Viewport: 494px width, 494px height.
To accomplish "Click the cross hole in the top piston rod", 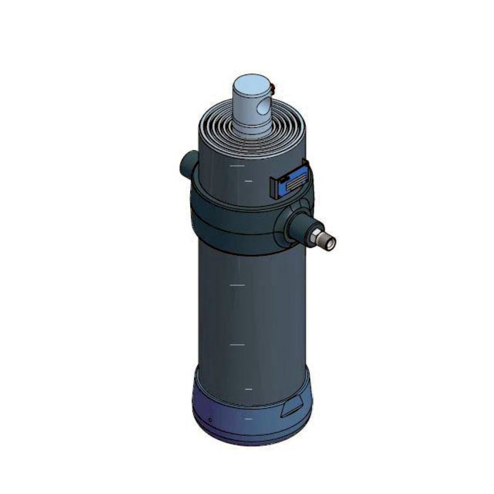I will [263, 109].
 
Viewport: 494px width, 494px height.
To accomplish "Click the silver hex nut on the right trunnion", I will [314, 236].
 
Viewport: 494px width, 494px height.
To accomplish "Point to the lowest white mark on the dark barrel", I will [248, 389].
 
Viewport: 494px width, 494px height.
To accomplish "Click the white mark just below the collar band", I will [237, 285].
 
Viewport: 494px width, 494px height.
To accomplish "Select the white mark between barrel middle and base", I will [237, 345].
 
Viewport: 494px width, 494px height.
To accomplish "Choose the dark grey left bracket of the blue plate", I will [274, 188].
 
